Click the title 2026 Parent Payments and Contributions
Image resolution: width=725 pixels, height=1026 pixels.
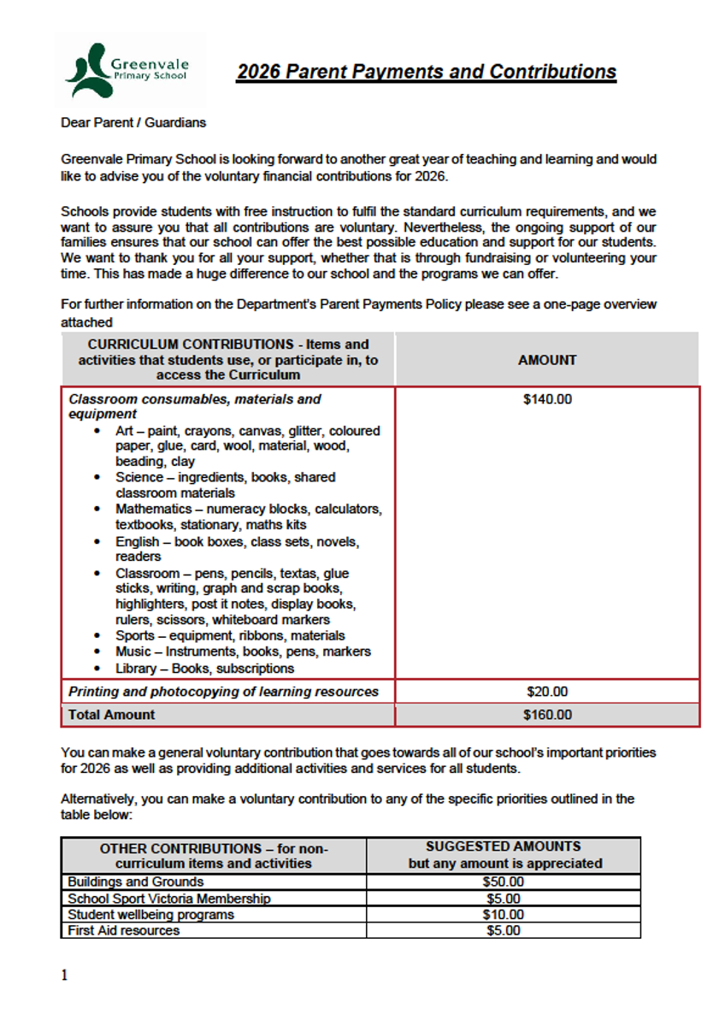coord(426,72)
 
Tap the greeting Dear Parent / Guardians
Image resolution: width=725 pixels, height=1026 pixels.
coord(133,122)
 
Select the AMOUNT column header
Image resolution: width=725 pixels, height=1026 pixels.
coord(547,360)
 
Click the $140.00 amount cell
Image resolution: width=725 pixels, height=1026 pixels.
coord(547,399)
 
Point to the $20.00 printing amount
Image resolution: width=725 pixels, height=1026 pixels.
coord(547,692)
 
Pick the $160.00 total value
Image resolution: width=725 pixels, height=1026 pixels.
coord(547,715)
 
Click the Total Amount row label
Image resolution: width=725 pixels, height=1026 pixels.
coord(112,715)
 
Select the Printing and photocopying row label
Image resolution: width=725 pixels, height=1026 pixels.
coord(223,692)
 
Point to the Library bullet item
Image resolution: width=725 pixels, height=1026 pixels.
coord(204,669)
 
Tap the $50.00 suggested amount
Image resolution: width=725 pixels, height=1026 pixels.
coord(503,882)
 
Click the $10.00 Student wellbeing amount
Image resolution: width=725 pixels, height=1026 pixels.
coord(503,914)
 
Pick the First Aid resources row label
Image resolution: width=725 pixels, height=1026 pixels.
coord(123,930)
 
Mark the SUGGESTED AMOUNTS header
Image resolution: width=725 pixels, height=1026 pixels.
coord(504,846)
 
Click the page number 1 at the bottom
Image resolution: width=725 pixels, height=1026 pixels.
coord(64,976)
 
